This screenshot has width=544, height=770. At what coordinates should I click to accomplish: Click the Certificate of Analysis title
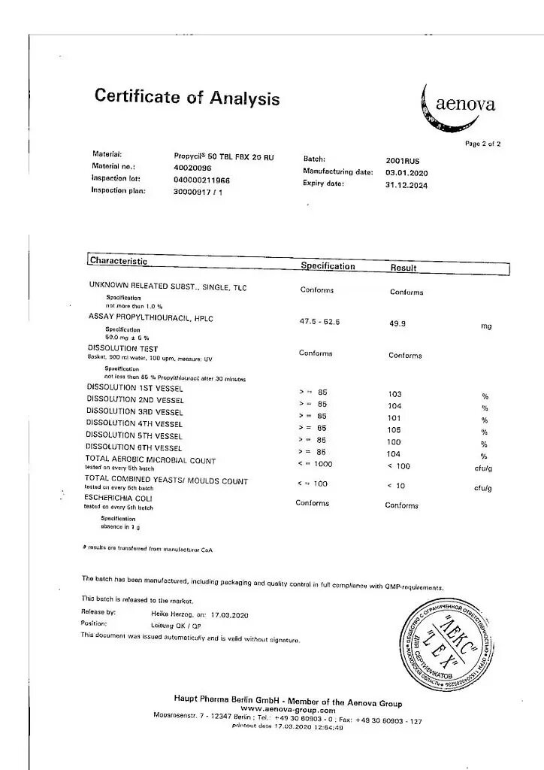pyautogui.click(x=187, y=98)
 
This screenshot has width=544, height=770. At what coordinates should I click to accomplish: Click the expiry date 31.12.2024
pyautogui.click(x=406, y=185)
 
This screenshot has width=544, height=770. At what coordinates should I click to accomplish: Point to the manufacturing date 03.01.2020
pyautogui.click(x=406, y=172)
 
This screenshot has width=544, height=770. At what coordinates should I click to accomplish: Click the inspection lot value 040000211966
pyautogui.click(x=201, y=180)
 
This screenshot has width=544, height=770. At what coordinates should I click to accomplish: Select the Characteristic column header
pyautogui.click(x=119, y=261)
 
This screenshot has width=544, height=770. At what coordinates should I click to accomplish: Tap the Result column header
pyautogui.click(x=403, y=268)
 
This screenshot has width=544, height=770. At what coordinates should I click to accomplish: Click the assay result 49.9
pyautogui.click(x=397, y=324)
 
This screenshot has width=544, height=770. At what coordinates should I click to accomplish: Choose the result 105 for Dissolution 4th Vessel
pyautogui.click(x=394, y=430)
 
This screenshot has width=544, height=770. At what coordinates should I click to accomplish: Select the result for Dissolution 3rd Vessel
pyautogui.click(x=394, y=418)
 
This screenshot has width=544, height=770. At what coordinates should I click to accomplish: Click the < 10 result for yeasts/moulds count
pyautogui.click(x=396, y=486)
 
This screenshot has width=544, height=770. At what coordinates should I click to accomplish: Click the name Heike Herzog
pyautogui.click(x=174, y=614)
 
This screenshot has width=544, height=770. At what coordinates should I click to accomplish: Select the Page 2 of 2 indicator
pyautogui.click(x=482, y=144)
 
